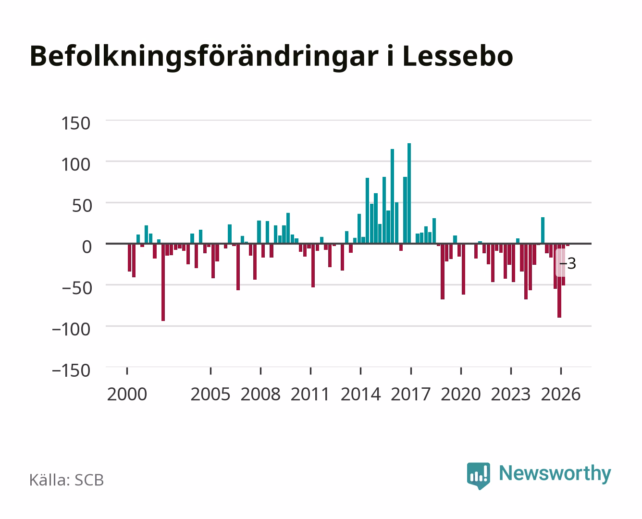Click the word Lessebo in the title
pos(457,56)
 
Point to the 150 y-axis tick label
pos(75,124)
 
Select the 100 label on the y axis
pos(75,164)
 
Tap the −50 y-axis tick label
pos(76,288)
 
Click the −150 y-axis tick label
pos(71,371)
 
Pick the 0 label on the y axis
pos(87,247)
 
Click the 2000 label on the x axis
pos(127,394)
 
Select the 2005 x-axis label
pos(210,394)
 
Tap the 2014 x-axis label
pos(361,394)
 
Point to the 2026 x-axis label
pos(561,394)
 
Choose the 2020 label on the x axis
pos(460,394)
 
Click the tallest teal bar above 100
pos(409,193)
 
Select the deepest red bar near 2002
pos(163,282)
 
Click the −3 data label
pos(568,263)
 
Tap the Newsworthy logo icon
pos(478,476)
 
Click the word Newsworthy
pos(555,474)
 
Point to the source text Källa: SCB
pos(66,480)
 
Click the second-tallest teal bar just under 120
pos(392,196)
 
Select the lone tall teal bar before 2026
pos(543,230)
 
